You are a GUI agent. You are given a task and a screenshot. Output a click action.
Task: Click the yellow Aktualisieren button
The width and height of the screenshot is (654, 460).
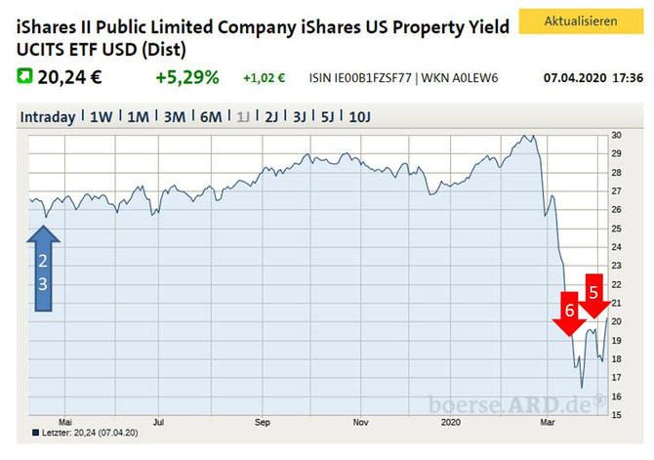(x=581, y=21)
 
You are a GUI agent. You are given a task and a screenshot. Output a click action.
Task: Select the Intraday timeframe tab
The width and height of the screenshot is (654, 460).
(x=48, y=117)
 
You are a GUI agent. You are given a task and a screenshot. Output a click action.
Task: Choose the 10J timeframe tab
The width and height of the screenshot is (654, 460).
(x=359, y=117)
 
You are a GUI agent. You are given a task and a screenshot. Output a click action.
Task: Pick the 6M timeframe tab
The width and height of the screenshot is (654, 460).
(x=211, y=117)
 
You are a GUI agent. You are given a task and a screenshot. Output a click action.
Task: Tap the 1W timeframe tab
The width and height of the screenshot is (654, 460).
(x=101, y=117)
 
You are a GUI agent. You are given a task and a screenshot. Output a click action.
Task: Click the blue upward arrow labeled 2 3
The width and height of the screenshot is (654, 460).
(x=43, y=269)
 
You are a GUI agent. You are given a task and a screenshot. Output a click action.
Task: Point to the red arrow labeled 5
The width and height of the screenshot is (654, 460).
(x=594, y=296)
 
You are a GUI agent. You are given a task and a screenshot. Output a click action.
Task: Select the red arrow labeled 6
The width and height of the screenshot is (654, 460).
(x=569, y=314)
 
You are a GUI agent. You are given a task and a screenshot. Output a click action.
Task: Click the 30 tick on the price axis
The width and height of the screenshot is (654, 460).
(x=617, y=135)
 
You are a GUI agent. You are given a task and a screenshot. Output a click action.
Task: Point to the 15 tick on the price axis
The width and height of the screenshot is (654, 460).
(x=617, y=415)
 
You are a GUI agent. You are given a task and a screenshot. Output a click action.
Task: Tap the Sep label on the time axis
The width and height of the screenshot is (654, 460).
(x=263, y=423)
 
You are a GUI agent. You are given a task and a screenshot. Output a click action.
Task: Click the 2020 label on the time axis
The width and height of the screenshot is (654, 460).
(x=451, y=423)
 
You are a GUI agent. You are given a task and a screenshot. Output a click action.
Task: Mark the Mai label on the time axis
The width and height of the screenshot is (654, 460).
(x=65, y=423)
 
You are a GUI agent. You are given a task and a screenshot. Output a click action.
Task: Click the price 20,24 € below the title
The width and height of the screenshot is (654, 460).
(x=69, y=77)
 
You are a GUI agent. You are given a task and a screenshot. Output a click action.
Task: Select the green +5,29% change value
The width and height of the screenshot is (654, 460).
(x=187, y=77)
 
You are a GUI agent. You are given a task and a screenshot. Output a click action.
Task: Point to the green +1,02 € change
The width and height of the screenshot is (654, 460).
(x=264, y=78)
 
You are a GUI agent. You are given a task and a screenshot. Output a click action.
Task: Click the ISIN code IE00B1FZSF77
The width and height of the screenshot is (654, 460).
(x=373, y=78)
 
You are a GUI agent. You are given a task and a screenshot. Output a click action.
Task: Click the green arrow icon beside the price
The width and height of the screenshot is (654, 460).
(x=24, y=76)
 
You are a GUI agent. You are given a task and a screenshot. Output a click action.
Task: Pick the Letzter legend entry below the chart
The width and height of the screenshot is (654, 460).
(x=86, y=433)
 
